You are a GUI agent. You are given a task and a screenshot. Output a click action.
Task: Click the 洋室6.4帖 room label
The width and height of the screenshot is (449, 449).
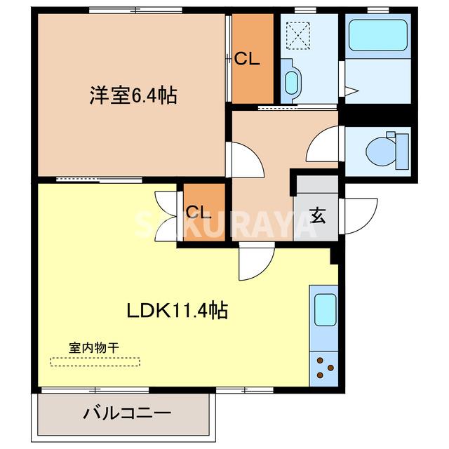coord(132,95)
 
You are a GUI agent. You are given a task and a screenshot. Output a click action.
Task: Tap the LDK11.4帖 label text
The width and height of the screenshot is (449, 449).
coord(176,311)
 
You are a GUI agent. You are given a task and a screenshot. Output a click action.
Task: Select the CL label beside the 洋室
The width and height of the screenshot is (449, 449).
coord(247,59)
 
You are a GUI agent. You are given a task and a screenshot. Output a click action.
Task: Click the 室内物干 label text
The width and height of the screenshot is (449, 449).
coord(94,347)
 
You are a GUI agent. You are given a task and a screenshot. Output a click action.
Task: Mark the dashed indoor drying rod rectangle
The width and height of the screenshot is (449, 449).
coord(95,362)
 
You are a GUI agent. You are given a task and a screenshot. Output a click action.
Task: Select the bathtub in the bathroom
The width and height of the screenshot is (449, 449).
coord(377,34)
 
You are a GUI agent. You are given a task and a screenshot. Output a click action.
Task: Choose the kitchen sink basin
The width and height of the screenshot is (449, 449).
coord(323,309)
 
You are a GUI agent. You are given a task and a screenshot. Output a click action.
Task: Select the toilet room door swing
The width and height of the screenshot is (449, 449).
coord(324,145)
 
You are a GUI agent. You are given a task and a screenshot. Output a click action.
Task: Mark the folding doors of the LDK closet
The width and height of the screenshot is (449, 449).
coord(166,211)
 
